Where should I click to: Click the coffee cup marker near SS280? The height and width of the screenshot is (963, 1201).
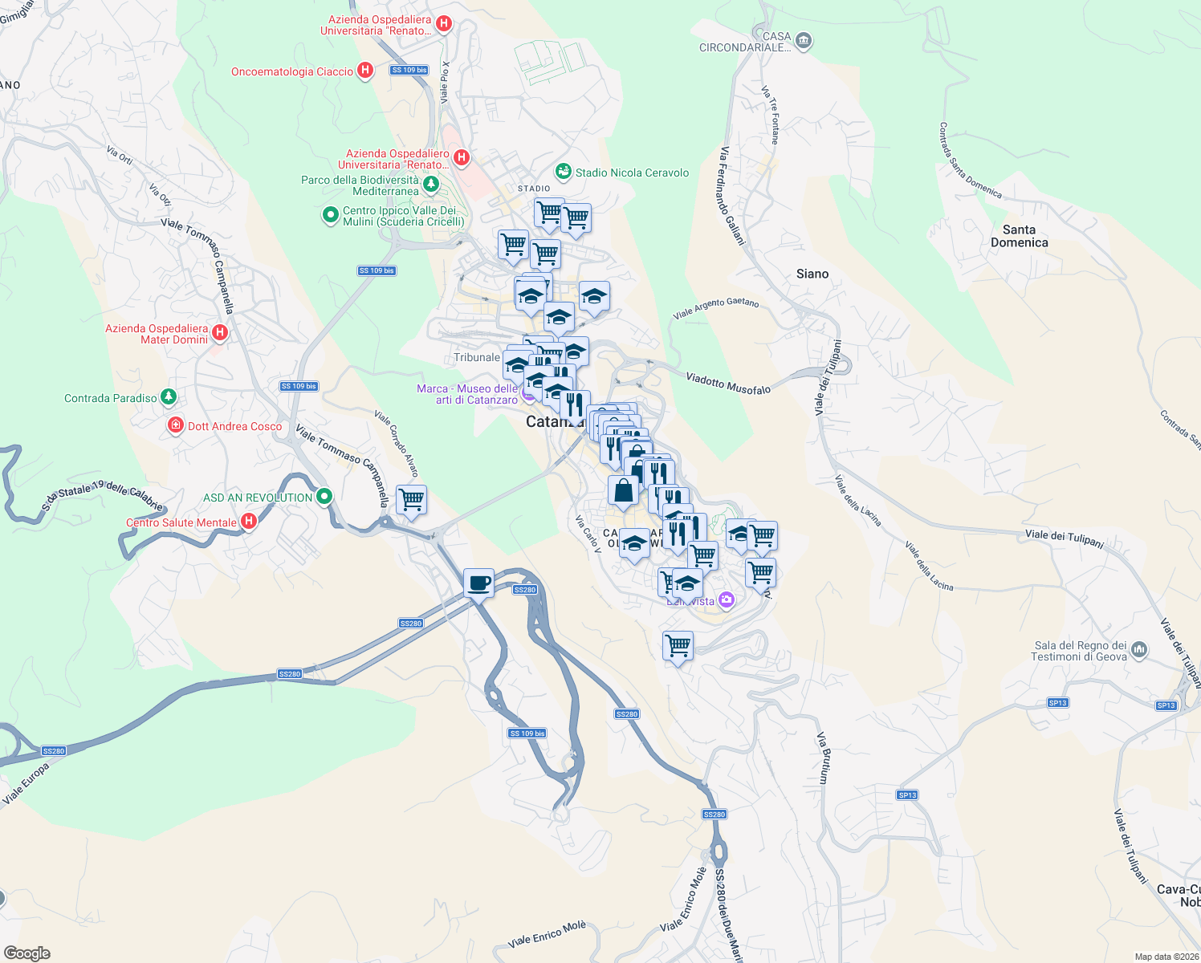coord(478,583)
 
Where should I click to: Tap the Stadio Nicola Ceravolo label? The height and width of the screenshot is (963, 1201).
coord(632,173)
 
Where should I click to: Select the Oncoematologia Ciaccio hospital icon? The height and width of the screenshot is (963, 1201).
coord(365,71)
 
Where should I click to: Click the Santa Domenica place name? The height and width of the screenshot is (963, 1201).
coord(1019,236)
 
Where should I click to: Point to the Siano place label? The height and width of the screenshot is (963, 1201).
coord(812,274)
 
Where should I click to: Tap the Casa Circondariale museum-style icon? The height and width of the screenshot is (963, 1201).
coord(804,42)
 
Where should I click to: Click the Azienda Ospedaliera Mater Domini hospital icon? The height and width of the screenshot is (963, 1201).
coord(220,332)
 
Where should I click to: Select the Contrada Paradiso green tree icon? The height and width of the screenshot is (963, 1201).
coord(168,397)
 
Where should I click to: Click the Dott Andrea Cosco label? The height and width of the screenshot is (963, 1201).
coord(234,426)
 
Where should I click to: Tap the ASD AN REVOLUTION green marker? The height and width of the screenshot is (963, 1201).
coord(324,497)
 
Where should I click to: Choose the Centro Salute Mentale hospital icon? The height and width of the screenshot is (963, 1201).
coord(249,522)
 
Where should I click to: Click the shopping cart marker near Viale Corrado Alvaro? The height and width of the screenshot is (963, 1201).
coord(411,500)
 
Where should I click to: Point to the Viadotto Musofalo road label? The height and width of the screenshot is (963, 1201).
coord(728,384)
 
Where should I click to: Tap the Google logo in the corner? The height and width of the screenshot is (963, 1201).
coord(27,953)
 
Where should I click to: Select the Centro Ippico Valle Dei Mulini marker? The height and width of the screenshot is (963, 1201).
coord(330,215)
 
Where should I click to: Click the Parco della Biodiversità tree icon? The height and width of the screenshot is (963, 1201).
coord(431,185)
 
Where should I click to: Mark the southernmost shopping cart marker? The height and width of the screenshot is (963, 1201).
coord(678,645)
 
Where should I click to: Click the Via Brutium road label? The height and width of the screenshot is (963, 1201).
coord(823,758)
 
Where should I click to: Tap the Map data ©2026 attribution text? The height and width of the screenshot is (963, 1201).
coord(1166,957)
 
